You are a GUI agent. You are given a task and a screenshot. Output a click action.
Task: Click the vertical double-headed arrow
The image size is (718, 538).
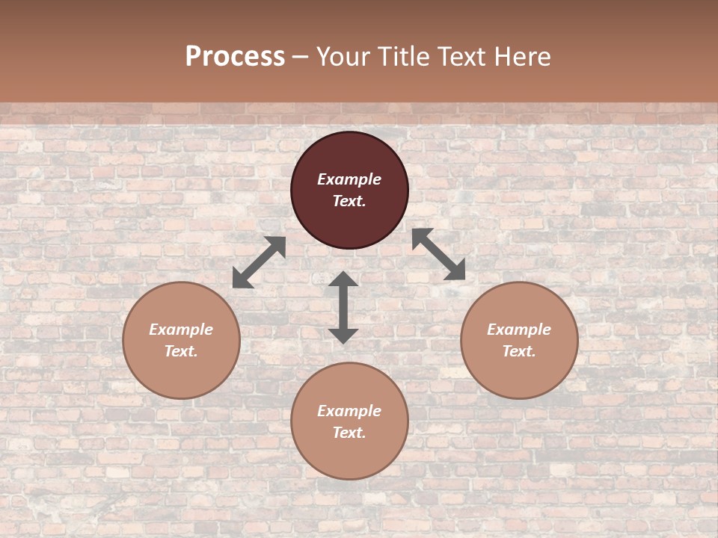coord(343,307)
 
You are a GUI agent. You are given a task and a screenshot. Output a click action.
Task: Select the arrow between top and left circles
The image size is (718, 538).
coord(259,262)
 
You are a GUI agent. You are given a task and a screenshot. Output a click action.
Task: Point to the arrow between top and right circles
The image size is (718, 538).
coord(439,254)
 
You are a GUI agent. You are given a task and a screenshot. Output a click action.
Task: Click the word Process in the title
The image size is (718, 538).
coord(235,56)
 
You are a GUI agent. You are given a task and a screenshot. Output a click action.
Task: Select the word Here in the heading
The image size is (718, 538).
coord(524,56)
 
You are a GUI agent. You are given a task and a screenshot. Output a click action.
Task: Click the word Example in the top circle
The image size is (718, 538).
coord(349,179)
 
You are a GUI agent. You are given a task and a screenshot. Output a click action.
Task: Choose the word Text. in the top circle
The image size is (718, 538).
coord(349,201)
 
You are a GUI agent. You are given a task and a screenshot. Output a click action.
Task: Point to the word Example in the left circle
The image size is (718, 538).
coord(181,330)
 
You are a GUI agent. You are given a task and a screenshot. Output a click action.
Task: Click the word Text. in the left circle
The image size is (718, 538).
coord(181,351)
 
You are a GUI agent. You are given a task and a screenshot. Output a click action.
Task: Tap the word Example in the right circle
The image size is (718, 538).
coord(519,330)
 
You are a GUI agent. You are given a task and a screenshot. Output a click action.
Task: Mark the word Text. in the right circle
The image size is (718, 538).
coord(519,351)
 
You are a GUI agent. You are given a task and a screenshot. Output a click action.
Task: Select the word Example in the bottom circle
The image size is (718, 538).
coord(349,411)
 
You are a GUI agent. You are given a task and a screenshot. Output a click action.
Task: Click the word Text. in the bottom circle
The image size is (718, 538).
coord(349,433)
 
